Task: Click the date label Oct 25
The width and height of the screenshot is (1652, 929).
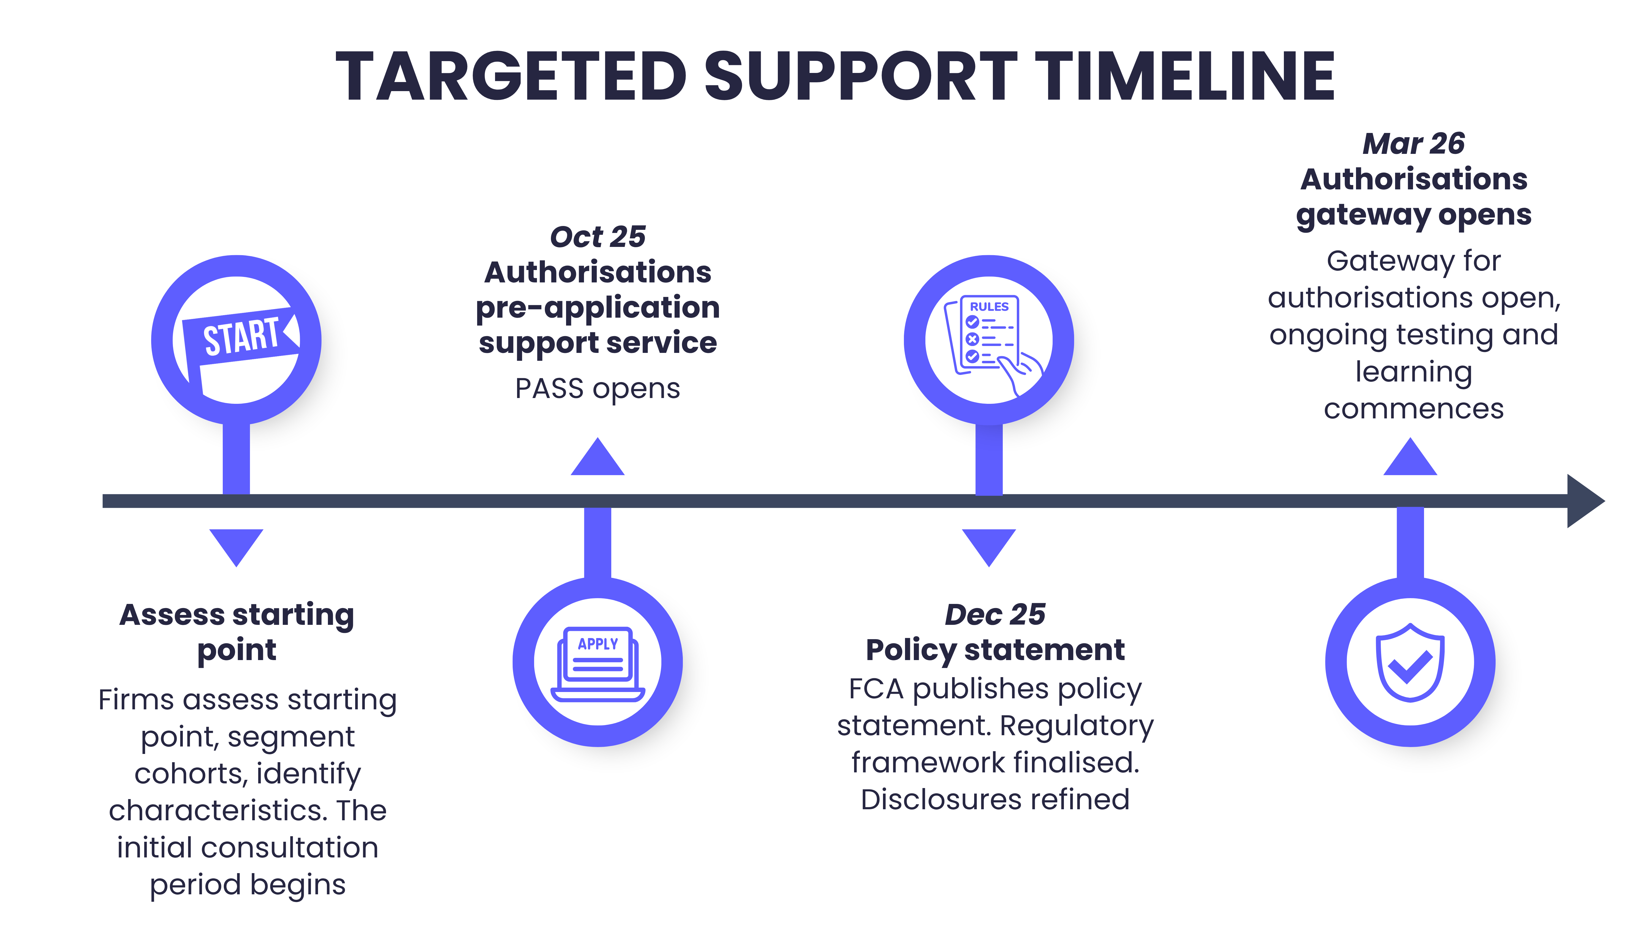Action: coord(598,236)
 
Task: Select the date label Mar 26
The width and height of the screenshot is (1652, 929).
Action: coord(1414,144)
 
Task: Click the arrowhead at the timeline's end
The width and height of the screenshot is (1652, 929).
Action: coord(1584,501)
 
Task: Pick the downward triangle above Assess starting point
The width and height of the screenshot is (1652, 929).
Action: coord(237,545)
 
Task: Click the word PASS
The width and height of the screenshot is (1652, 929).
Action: coord(549,388)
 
